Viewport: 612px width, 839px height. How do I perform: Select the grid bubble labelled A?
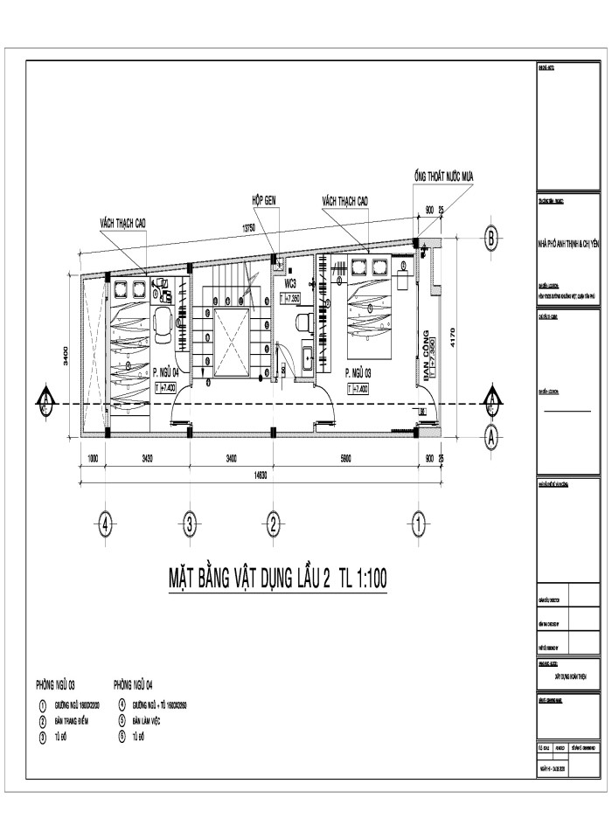coord(492,434)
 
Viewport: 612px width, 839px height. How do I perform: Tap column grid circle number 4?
coord(105,524)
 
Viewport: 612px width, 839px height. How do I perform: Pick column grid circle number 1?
coord(418,524)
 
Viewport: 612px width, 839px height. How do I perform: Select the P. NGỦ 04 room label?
coord(164,371)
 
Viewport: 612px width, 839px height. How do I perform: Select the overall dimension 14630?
coord(261,475)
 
